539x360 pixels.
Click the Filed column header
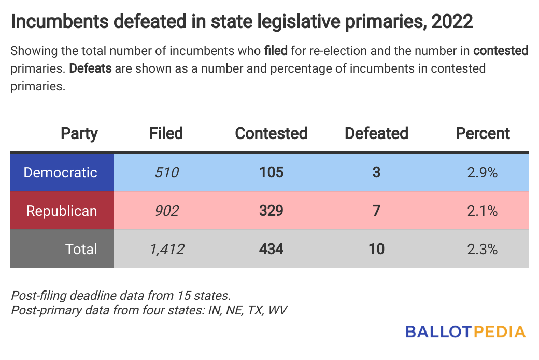tap(166, 133)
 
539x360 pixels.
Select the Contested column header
tap(271, 133)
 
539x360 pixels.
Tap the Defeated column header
tap(376, 133)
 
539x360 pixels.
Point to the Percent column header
tap(483, 133)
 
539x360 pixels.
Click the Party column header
tap(79, 133)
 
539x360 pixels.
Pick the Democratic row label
tap(61, 172)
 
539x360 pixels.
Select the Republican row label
tap(62, 211)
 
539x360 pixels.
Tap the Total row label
tap(81, 249)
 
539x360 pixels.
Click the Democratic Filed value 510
tap(166, 172)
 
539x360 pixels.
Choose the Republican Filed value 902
tap(166, 211)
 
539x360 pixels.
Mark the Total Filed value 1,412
tap(166, 249)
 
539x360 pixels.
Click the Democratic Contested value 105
tap(271, 172)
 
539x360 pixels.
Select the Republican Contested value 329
tap(271, 211)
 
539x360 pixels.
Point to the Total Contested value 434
tap(271, 249)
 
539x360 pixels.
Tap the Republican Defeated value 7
tap(376, 211)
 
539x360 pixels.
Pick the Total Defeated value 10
tap(376, 249)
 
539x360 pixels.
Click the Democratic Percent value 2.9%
tap(483, 172)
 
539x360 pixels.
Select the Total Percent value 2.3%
tap(483, 249)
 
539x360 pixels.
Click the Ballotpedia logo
tap(465, 331)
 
